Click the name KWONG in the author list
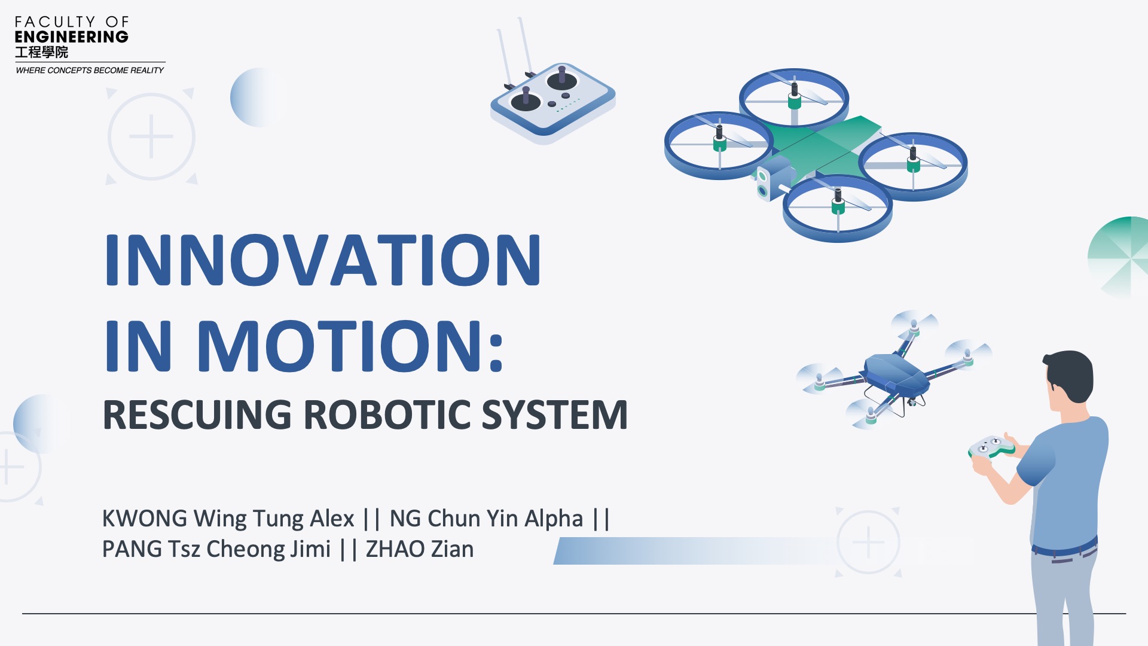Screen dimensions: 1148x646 click(x=145, y=519)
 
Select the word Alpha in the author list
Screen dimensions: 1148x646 click(x=553, y=519)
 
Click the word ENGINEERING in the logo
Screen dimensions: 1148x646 click(x=71, y=37)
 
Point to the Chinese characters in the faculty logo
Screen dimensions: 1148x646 click(x=41, y=53)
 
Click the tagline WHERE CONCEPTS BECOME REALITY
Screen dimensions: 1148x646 click(x=90, y=71)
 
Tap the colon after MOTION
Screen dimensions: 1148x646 click(x=496, y=347)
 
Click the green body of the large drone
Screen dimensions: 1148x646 click(x=825, y=147)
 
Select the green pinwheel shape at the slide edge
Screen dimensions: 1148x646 click(x=1119, y=257)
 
